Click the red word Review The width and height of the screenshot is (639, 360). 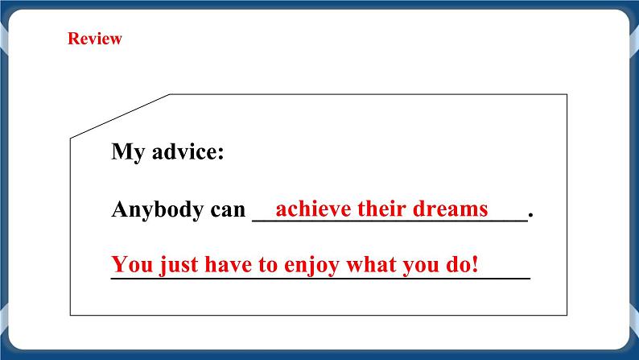(x=95, y=39)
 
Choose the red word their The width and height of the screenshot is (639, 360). (x=383, y=209)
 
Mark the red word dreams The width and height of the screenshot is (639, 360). (x=453, y=209)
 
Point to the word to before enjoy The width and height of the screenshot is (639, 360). (x=270, y=264)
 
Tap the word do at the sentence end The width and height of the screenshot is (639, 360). (x=460, y=264)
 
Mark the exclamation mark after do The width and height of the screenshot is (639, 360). (x=476, y=264)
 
